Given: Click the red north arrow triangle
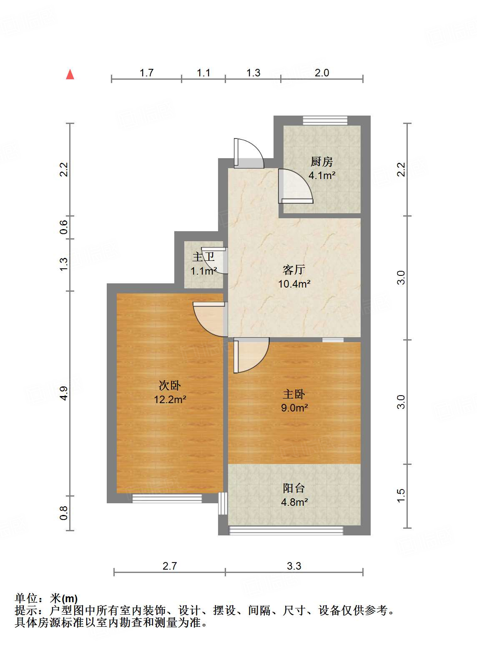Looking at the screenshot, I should pos(70,75).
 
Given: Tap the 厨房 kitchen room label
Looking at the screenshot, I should pos(321,161).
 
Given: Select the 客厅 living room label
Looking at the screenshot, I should pos(294,270).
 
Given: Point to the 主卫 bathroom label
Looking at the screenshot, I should pos(203,257).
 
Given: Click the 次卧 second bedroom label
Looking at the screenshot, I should pos(170,386).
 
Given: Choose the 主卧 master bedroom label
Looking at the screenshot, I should pos(294,394).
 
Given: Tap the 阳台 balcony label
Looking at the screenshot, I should pos(294,488).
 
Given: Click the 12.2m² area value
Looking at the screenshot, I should pos(170,400).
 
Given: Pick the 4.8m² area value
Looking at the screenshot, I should pos(294,502).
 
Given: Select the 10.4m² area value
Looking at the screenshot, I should pos(294,284).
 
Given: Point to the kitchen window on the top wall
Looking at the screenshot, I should pos(325,121).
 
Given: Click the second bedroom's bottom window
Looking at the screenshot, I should pos(167,498).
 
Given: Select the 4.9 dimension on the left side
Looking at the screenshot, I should pos(63,394).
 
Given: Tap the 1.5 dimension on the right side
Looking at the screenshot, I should pos(401,496).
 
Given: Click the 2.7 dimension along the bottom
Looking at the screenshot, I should pos(170,566).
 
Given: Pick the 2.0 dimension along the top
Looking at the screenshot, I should pos(321,73).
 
